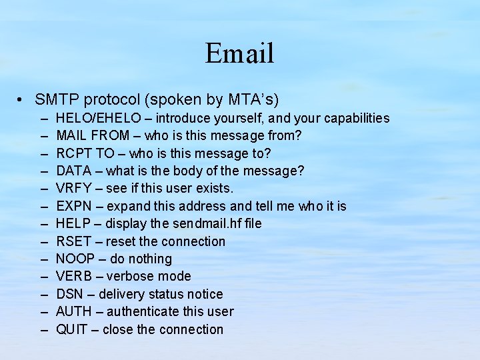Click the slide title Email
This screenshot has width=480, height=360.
tap(239, 53)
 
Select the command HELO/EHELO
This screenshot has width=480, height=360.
tap(98, 118)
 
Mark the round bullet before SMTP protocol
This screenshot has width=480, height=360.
tap(22, 101)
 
